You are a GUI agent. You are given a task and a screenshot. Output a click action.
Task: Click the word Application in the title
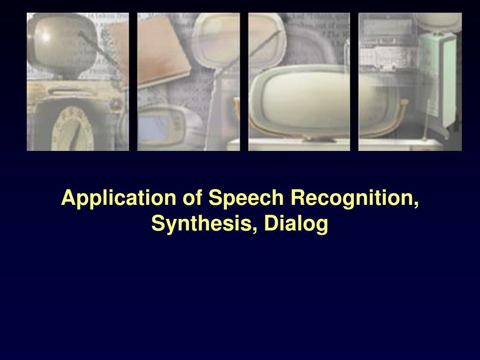119,198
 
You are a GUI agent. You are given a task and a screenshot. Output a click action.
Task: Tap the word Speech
246,198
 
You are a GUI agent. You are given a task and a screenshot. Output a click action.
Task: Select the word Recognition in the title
351,198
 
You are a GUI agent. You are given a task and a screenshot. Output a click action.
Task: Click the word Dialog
296,224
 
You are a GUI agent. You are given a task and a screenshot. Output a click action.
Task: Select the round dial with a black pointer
73,130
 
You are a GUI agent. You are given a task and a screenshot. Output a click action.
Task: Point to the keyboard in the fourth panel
385,58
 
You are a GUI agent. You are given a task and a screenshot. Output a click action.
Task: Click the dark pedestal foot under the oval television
319,139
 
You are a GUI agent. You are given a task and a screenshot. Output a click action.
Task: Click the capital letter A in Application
68,197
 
